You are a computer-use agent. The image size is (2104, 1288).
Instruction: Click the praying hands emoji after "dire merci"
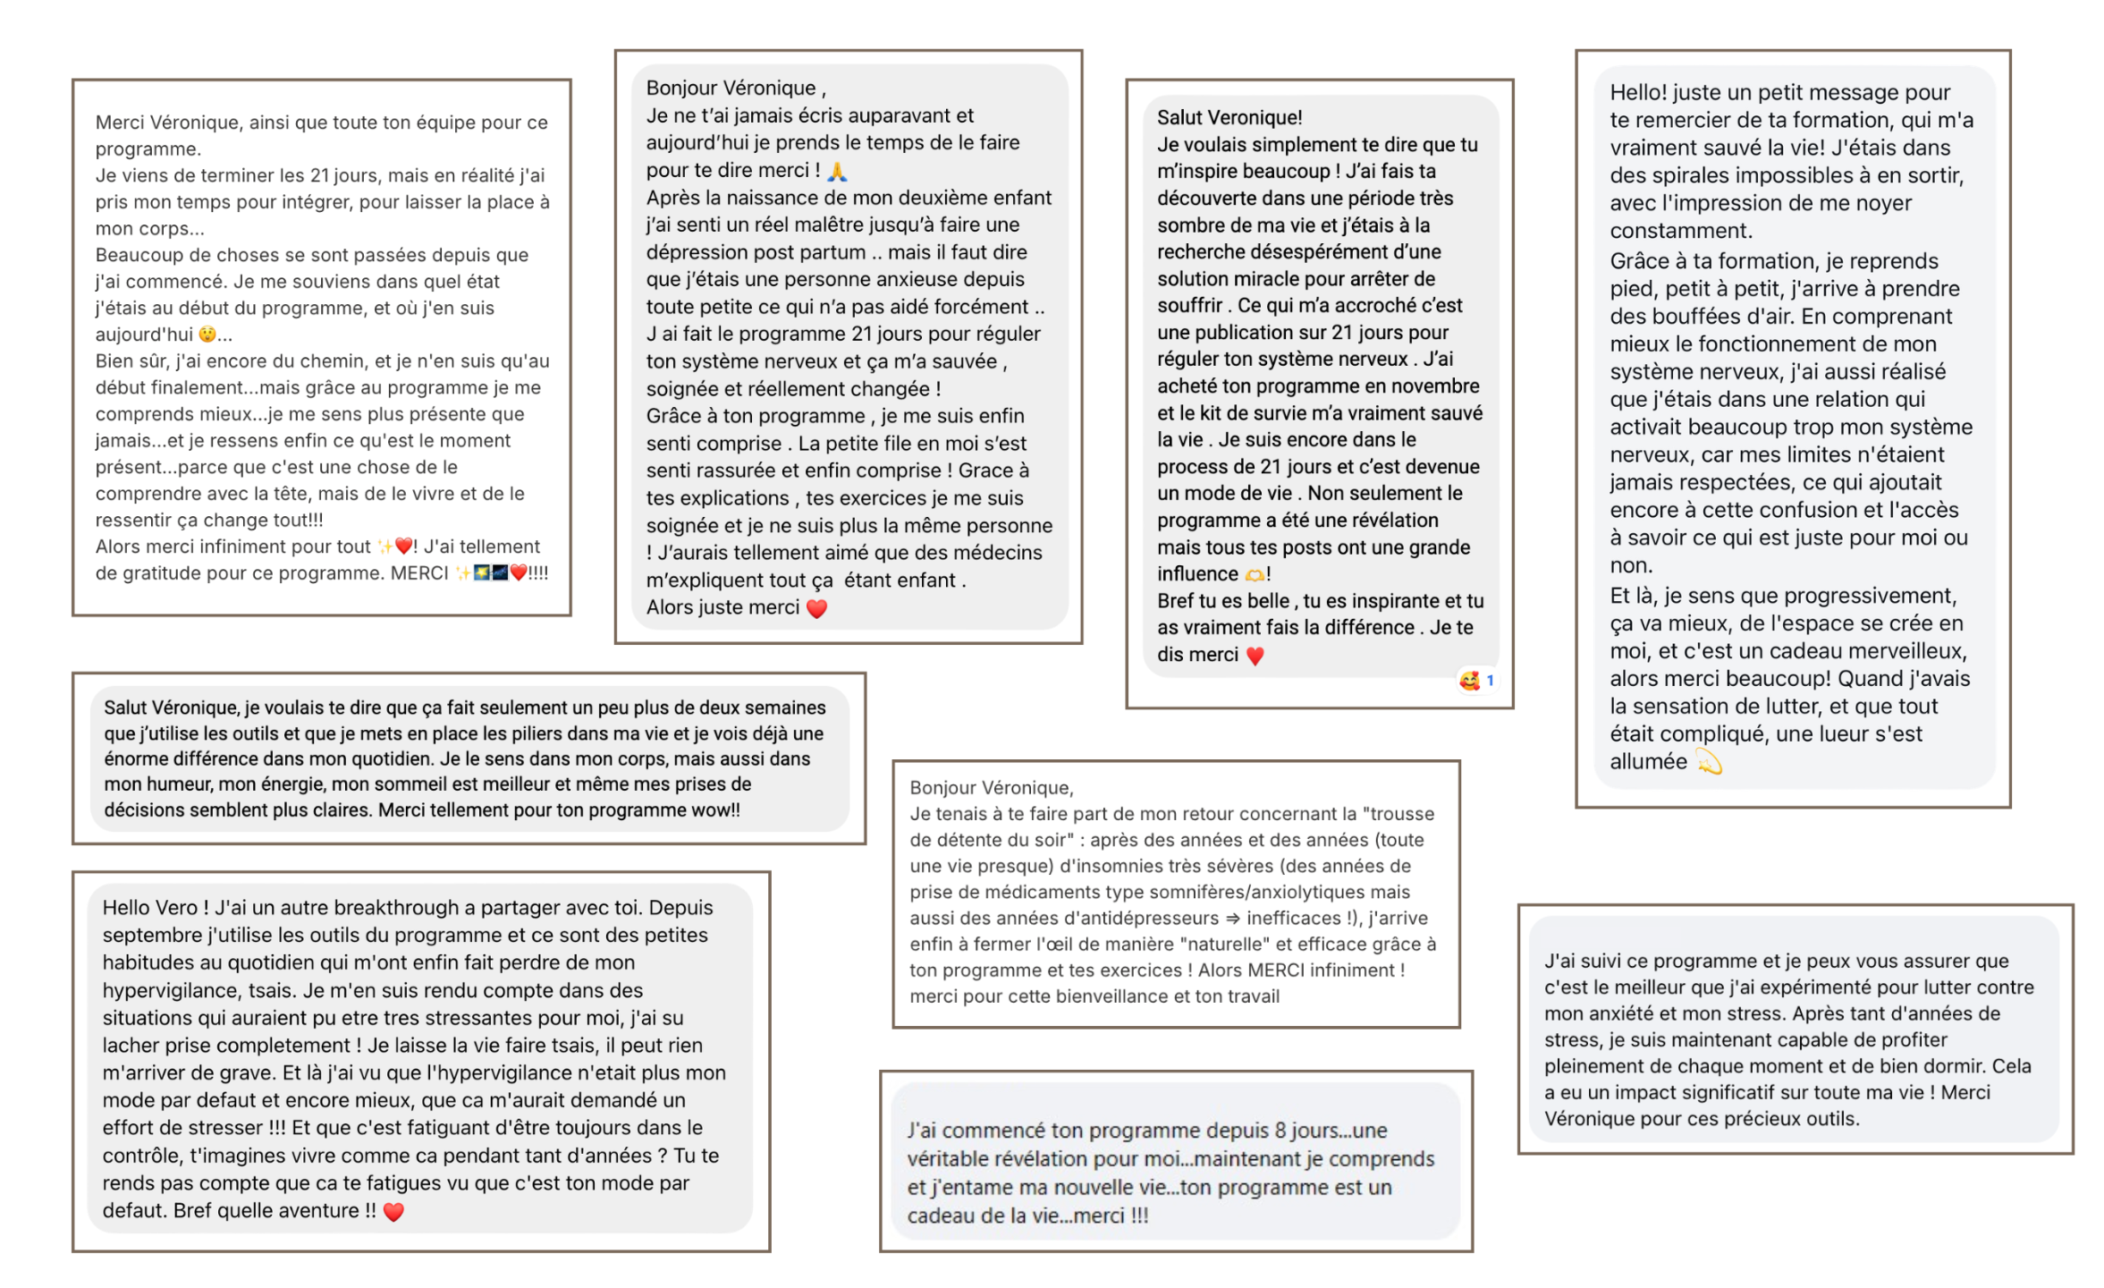[836, 171]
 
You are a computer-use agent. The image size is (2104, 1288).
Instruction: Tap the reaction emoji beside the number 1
[1469, 681]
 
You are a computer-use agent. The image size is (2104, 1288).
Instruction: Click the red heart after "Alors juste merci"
[816, 608]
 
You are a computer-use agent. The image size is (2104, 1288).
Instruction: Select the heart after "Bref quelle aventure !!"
[393, 1211]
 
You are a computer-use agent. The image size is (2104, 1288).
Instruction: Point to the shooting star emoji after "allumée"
[1708, 762]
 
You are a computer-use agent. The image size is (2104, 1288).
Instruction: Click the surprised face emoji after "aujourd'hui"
[207, 335]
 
